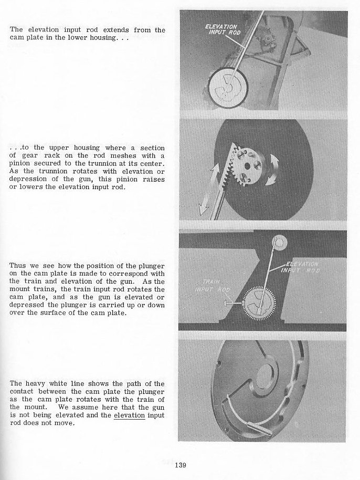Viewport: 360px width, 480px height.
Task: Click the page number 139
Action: tap(179, 464)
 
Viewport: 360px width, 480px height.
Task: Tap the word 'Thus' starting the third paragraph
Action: tap(18, 265)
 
